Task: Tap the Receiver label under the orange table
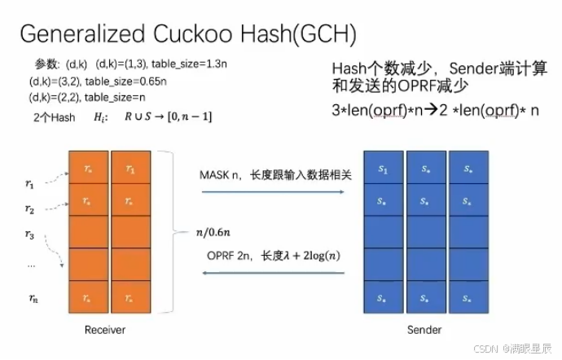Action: (x=105, y=330)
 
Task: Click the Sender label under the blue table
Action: (x=424, y=330)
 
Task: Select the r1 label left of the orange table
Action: (x=30, y=184)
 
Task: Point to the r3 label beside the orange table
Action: (x=30, y=235)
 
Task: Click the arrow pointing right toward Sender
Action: (x=270, y=192)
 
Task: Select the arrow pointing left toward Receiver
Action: (x=270, y=274)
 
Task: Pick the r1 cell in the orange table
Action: (x=130, y=169)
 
